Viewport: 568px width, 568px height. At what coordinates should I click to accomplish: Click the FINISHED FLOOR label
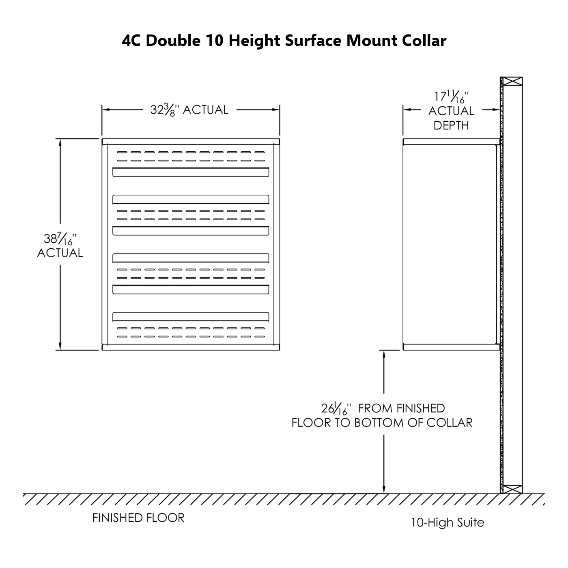click(x=138, y=518)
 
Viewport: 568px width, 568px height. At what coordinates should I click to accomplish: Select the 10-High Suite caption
click(x=448, y=522)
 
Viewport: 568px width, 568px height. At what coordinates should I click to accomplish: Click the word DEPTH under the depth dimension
click(x=451, y=126)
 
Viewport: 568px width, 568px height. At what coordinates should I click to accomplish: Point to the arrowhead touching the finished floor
click(x=384, y=490)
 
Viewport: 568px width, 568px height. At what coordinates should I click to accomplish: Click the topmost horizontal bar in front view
click(x=190, y=172)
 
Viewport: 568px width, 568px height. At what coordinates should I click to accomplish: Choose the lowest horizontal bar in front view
click(x=190, y=317)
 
